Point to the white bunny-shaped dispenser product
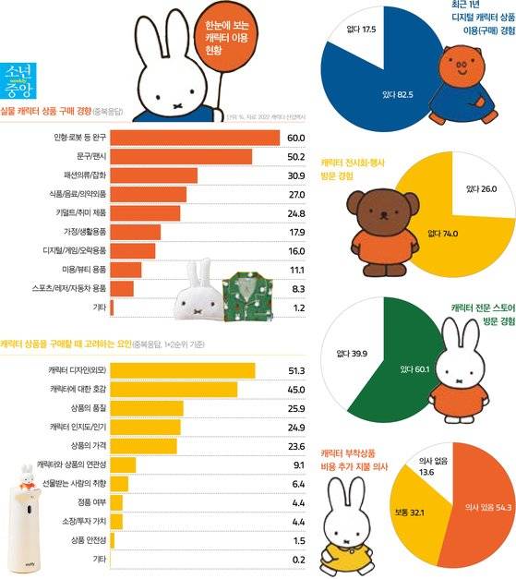[27, 523]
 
